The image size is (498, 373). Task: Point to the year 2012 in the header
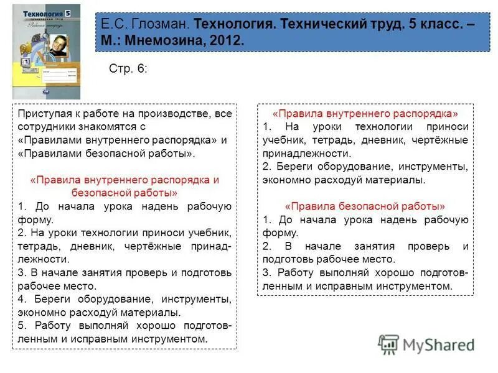coord(228,40)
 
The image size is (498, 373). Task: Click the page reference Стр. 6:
coord(128,68)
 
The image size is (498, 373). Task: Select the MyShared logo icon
coord(388,344)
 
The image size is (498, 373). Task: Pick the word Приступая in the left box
coord(42,114)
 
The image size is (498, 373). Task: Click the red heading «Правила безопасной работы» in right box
coord(365,206)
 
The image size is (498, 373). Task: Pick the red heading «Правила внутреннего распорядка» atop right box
coord(365,114)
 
